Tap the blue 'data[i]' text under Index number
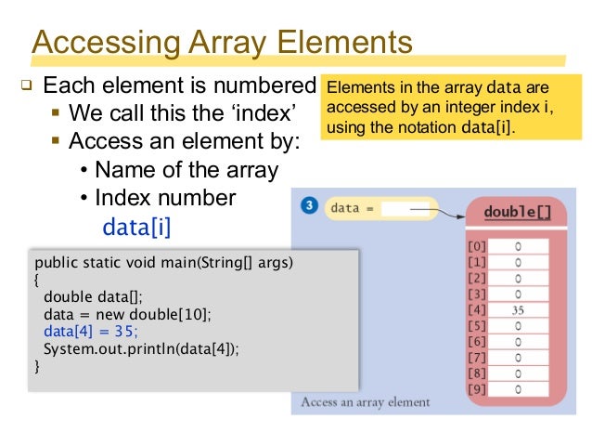coord(136,226)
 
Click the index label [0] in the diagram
coord(475,247)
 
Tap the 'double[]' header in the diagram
coord(517,213)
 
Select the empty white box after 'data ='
coord(405,209)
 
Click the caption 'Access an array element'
coord(365,402)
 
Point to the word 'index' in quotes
coord(264,113)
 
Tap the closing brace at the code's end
coord(37,366)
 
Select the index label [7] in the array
coord(475,358)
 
